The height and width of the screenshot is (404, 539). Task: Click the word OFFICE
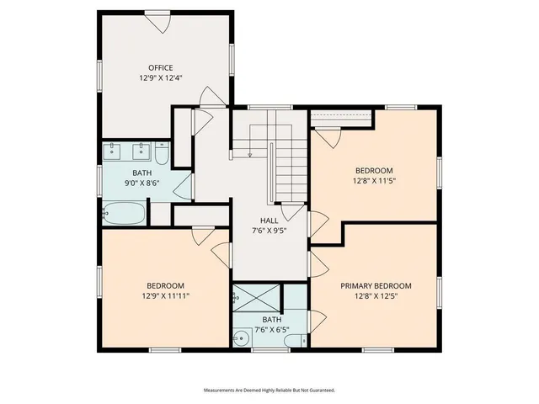click(160, 67)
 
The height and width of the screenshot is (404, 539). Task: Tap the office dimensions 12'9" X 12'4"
click(160, 77)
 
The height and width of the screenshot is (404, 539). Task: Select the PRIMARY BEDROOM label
click(376, 285)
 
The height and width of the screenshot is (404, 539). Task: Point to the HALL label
click(269, 220)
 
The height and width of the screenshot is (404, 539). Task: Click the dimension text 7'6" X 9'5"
click(269, 230)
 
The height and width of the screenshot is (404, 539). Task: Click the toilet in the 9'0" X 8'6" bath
click(163, 153)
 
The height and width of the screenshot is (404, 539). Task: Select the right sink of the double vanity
click(140, 152)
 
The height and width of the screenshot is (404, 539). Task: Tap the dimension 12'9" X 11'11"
click(165, 295)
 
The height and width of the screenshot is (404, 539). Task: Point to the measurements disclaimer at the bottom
click(269, 390)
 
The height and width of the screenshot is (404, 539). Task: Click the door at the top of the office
click(157, 20)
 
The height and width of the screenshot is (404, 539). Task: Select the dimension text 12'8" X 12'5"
click(376, 295)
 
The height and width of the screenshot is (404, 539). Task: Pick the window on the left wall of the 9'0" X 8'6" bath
click(100, 179)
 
